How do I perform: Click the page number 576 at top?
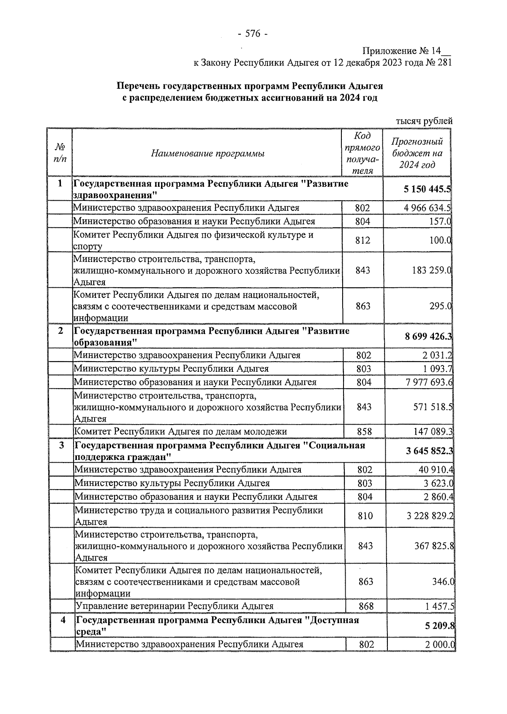coord(253,34)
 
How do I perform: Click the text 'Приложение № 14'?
coord(401,51)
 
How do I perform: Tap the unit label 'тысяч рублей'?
coord(424,121)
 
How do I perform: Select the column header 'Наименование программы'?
coord(208,153)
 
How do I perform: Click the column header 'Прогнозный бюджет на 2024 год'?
coord(417,153)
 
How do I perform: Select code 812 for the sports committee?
coord(363,240)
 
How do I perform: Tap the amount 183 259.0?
coord(431,270)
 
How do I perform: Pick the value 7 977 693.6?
coord(427,382)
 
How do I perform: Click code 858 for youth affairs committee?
coord(364,431)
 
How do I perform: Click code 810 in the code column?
coord(365,516)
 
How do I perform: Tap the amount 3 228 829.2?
coord(428,516)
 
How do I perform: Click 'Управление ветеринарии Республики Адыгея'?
coord(174,606)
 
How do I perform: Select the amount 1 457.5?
coord(440,606)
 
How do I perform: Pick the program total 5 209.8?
coord(440,626)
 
